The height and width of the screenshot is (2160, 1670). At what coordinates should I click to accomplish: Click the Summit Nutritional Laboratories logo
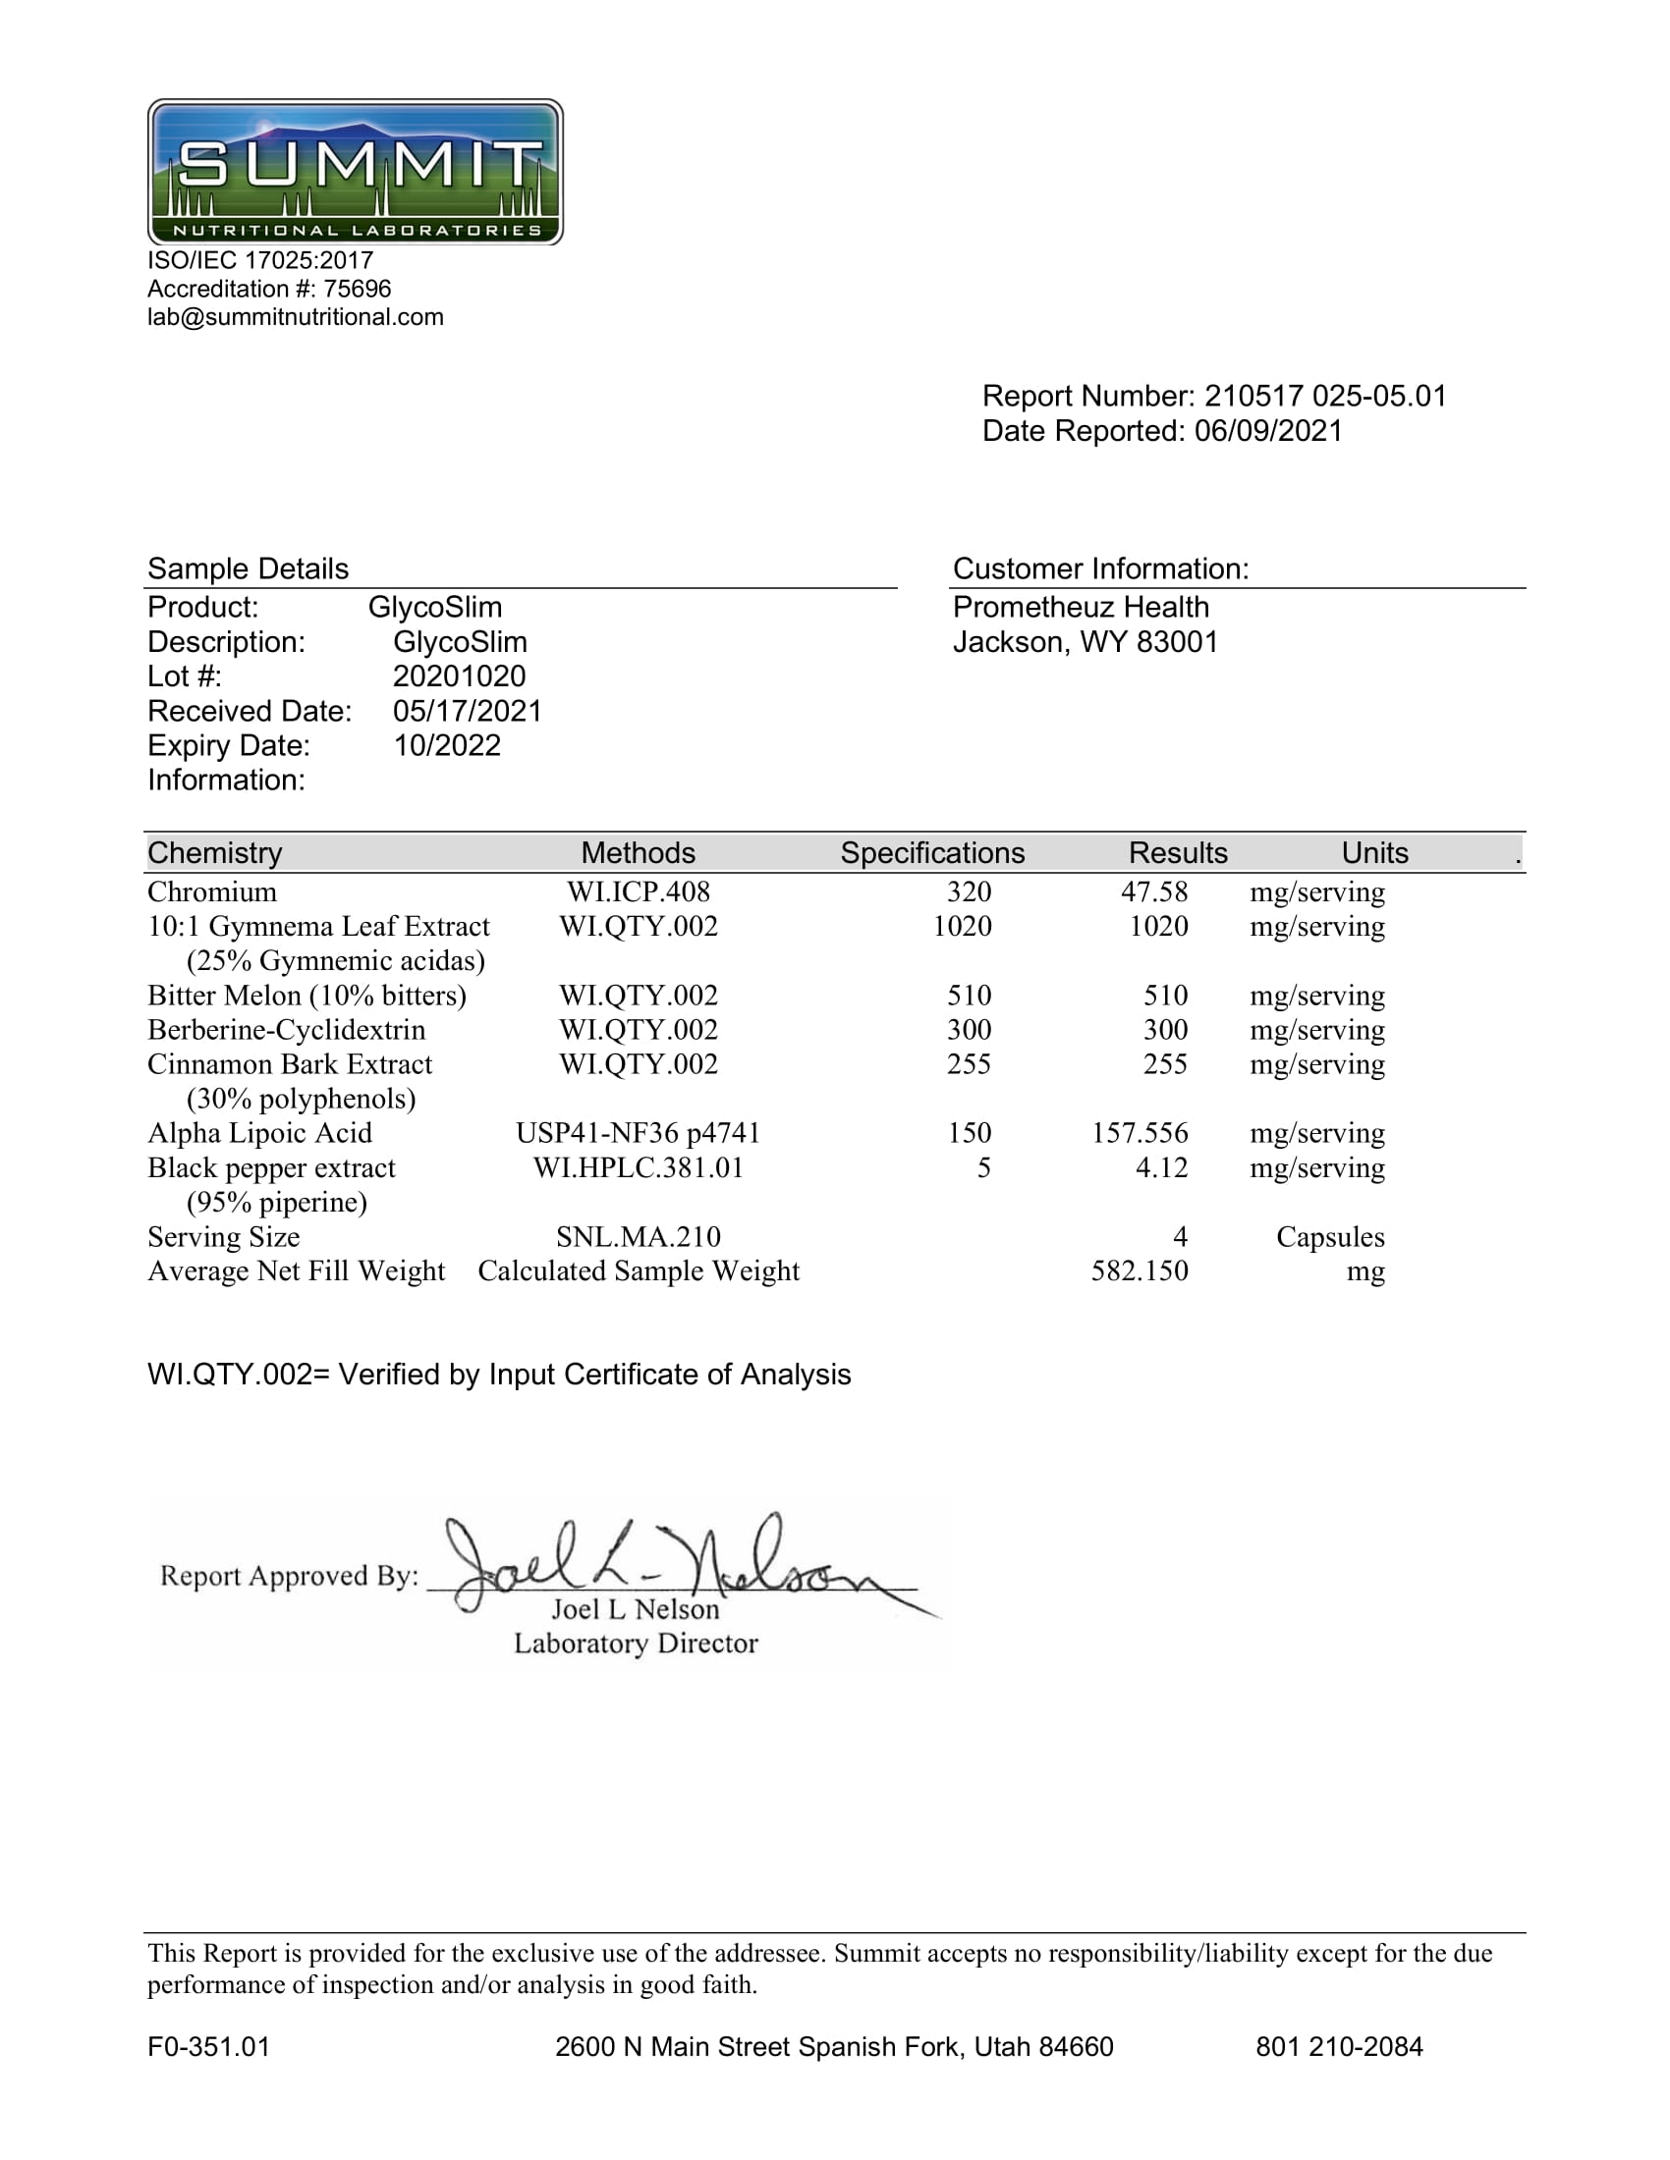pyautogui.click(x=356, y=171)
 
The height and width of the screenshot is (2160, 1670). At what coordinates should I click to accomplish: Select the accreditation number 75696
pyautogui.click(x=358, y=289)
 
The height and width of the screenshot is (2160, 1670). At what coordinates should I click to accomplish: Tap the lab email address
pyautogui.click(x=295, y=317)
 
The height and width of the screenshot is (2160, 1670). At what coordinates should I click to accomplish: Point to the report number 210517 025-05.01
pyautogui.click(x=1325, y=396)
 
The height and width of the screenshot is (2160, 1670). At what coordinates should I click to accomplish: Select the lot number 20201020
pyautogui.click(x=459, y=676)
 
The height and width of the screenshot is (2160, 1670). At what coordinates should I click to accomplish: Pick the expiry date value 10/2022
pyautogui.click(x=447, y=746)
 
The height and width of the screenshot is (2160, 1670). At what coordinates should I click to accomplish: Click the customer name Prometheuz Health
pyautogui.click(x=1081, y=607)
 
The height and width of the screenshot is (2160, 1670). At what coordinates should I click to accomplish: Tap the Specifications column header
pyautogui.click(x=932, y=852)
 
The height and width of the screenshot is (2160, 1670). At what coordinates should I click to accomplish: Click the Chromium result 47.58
pyautogui.click(x=1153, y=892)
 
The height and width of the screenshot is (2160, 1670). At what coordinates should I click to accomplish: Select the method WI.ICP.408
pyautogui.click(x=639, y=892)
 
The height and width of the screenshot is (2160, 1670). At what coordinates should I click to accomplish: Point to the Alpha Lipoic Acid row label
pyautogui.click(x=259, y=1133)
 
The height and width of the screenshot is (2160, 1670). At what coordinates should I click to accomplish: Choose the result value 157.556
pyautogui.click(x=1139, y=1133)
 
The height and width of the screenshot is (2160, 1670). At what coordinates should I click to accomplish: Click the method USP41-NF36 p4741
pyautogui.click(x=639, y=1133)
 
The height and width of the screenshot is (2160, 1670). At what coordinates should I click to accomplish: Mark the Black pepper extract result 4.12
pyautogui.click(x=1161, y=1168)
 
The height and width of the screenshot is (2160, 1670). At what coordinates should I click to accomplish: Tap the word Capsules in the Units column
pyautogui.click(x=1330, y=1237)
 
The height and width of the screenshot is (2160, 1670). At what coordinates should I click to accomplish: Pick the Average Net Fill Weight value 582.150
pyautogui.click(x=1139, y=1270)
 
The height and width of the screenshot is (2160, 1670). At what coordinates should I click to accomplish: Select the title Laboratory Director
pyautogui.click(x=636, y=1644)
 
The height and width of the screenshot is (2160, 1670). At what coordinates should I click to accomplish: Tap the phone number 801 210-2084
pyautogui.click(x=1339, y=2047)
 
